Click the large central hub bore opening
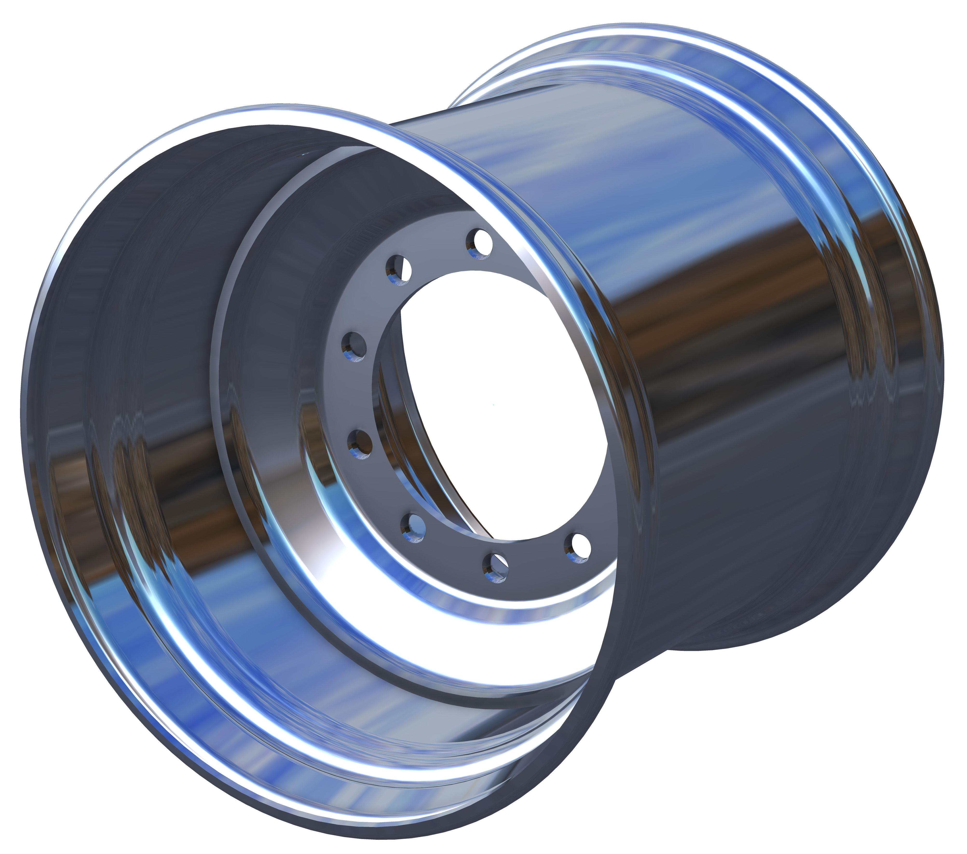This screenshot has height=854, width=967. pos(497,402)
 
